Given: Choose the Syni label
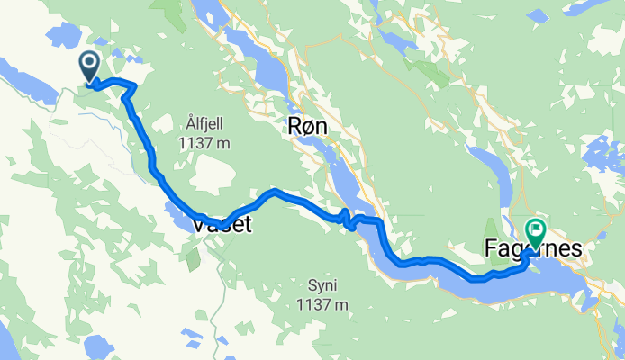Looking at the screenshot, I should [x=322, y=286].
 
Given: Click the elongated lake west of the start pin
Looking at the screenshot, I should [x=27, y=76].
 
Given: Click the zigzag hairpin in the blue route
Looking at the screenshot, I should [x=346, y=216].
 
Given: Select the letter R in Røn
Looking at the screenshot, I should [x=293, y=129].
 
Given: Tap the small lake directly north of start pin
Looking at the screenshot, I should [x=63, y=34].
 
